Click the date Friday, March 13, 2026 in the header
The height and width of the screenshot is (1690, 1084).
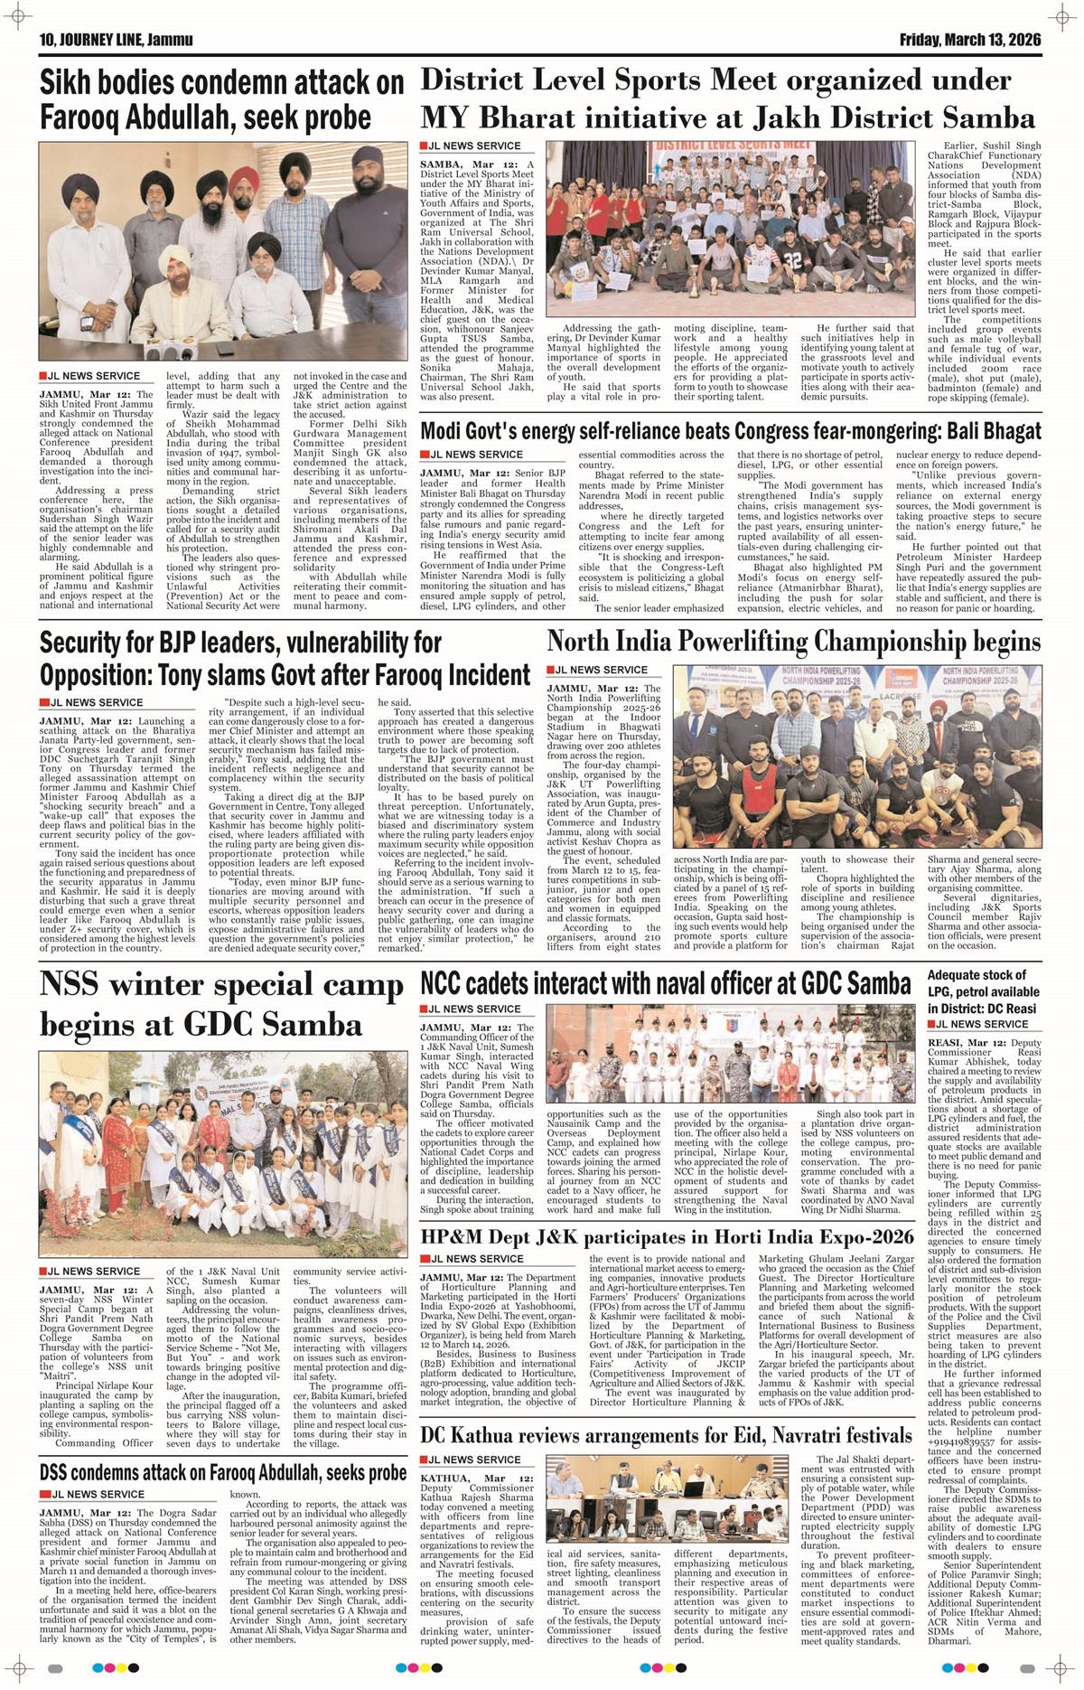[x=969, y=40]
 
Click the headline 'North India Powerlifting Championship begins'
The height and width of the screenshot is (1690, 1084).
[x=794, y=642]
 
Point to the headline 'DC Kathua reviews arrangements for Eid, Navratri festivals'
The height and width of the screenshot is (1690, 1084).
[x=666, y=1435]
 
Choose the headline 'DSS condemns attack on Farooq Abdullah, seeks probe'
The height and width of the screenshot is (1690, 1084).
[x=223, y=1472]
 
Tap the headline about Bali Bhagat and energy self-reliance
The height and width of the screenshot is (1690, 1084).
[x=730, y=431]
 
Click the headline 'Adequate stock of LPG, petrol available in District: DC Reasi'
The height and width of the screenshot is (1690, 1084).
[x=983, y=991]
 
